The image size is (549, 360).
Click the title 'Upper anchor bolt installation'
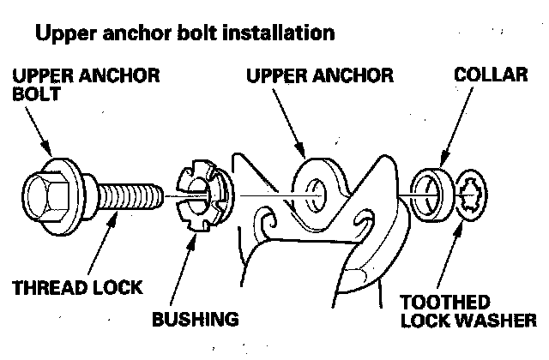tap(183, 33)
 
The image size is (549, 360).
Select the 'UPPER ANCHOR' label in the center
tap(319, 75)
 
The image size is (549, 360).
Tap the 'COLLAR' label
tap(490, 75)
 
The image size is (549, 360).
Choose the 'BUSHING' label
tap(195, 321)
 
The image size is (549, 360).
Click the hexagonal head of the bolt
tap(42, 195)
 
